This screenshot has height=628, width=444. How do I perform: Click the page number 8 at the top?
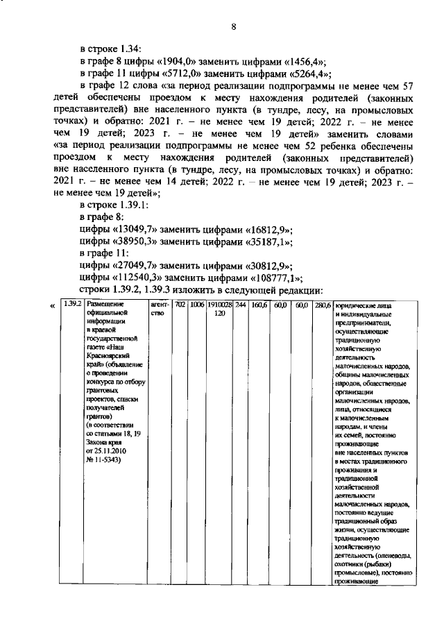pos(234,27)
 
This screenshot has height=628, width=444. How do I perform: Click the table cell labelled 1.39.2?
pos(72,305)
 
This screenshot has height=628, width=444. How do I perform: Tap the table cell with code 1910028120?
pos(219,309)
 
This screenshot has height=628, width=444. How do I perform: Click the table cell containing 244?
pos(240,305)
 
